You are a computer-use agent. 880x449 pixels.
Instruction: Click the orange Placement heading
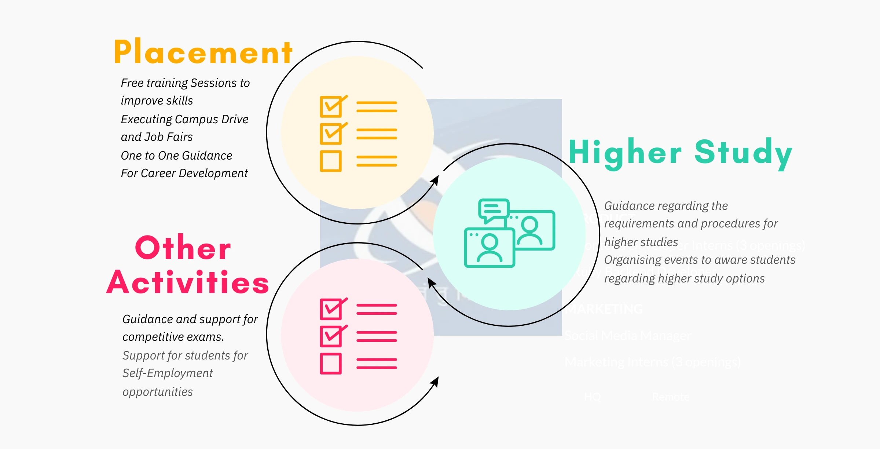tap(203, 52)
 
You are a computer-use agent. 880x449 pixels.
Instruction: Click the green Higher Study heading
tap(680, 153)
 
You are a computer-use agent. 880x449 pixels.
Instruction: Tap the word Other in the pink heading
tap(183, 248)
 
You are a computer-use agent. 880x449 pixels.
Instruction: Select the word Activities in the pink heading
tap(188, 283)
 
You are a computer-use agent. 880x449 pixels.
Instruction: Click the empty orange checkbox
tap(331, 161)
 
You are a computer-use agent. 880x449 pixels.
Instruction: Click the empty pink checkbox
tap(331, 364)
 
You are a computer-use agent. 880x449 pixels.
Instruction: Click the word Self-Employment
tap(168, 373)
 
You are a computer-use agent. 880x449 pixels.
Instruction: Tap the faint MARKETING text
tap(604, 309)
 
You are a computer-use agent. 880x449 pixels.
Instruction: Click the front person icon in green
tap(489, 248)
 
